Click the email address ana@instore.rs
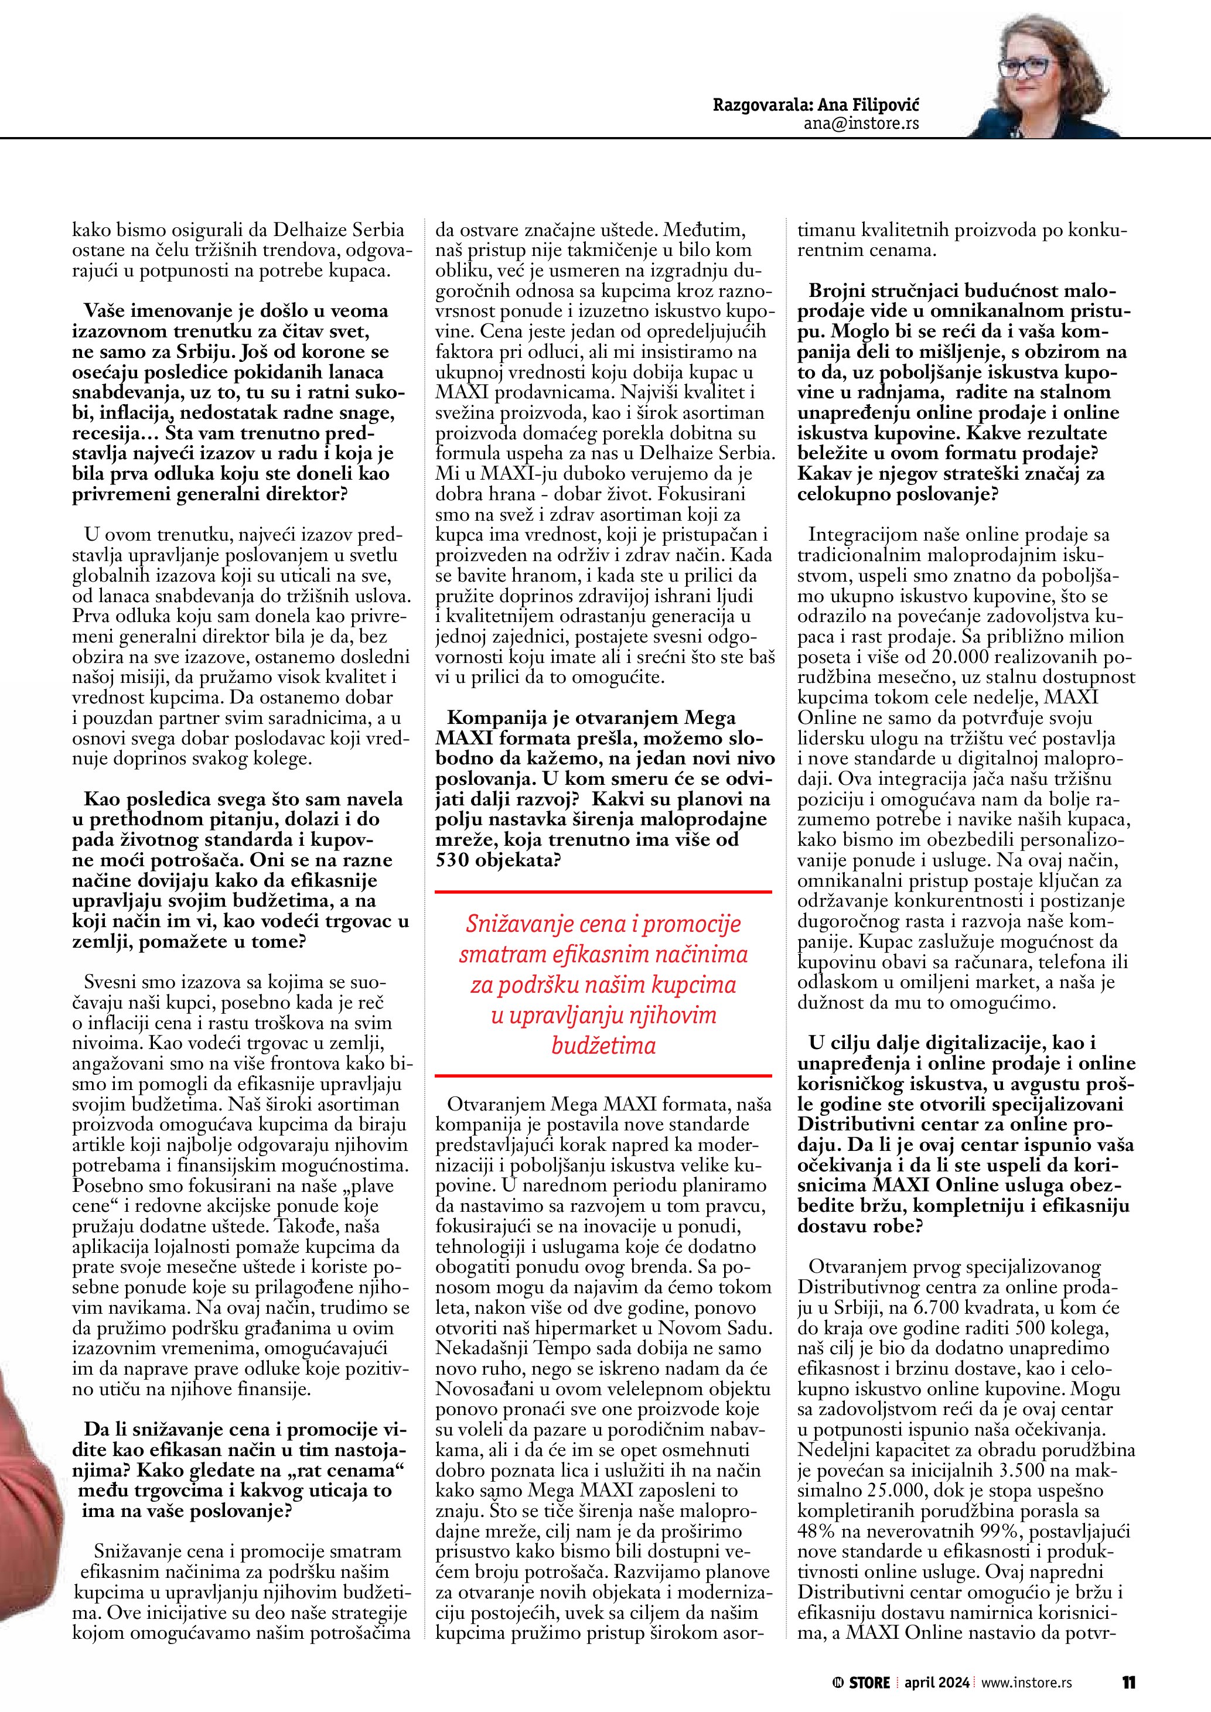[x=861, y=123]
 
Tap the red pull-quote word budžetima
[x=603, y=1045]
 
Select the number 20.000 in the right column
[x=964, y=657]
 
